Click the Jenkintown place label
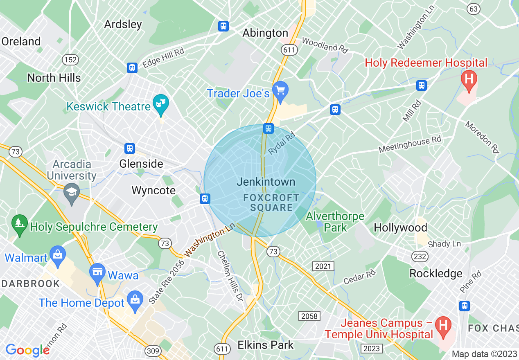pos(266,182)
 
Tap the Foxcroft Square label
pos(271,202)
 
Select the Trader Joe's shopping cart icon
pos(280,89)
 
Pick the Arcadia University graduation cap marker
pos(72,191)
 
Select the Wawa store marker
pos(97,272)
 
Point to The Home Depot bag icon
pos(135,299)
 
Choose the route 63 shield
pos(474,9)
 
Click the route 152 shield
pos(70,60)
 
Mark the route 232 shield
pos(420,256)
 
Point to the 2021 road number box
pos(323,266)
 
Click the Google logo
pos(27,350)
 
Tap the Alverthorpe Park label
pos(335,222)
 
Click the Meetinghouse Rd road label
pos(410,144)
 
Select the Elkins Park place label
pos(266,345)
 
